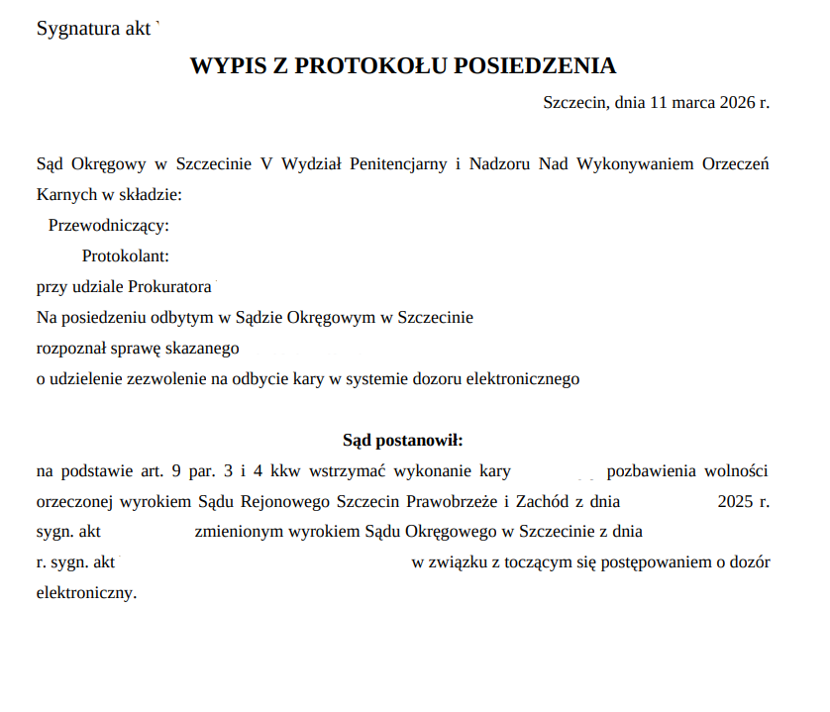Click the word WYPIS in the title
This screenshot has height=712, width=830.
point(225,66)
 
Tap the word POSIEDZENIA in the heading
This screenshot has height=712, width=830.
point(535,66)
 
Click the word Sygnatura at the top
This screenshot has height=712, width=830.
point(72,28)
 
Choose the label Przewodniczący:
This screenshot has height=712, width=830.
point(108,225)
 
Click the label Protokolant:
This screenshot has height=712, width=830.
point(126,256)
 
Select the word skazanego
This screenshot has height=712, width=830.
point(205,349)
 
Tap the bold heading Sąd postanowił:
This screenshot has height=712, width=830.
point(403,440)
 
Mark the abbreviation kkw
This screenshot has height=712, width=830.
point(285,470)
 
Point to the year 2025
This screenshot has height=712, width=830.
point(736,501)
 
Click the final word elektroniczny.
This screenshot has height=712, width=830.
point(85,593)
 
